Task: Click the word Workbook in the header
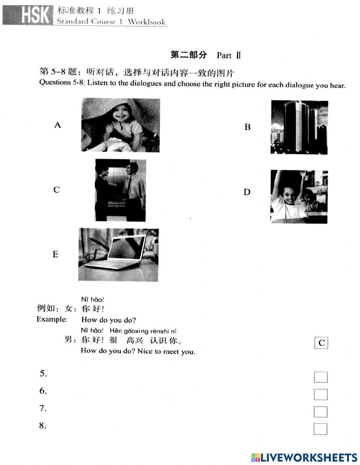coord(147,22)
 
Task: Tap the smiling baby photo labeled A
coord(121,125)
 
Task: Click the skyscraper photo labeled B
coord(299,127)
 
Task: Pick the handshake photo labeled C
coord(120,190)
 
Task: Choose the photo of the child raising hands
coord(299,196)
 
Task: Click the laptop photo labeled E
coord(118,254)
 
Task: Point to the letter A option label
coord(57,125)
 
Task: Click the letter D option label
coord(247,192)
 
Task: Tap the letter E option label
coord(55,254)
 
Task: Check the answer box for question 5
coord(320,377)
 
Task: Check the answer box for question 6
coord(320,394)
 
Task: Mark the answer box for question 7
coord(320,412)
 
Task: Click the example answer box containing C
coord(321,343)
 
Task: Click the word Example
coord(52,319)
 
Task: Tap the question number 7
coord(43,408)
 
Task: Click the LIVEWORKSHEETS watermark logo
coord(304,457)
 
